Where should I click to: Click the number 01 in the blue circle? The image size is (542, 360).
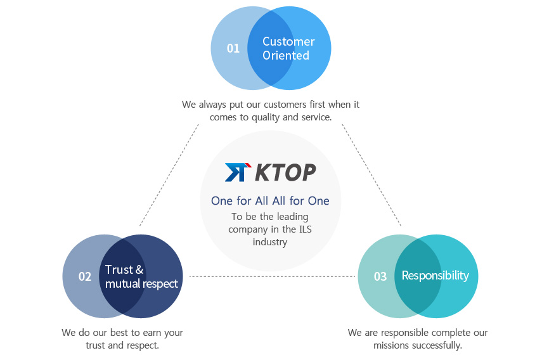pyautogui.click(x=233, y=48)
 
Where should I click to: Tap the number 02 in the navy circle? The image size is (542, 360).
pyautogui.click(x=85, y=276)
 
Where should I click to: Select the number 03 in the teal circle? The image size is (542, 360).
pyautogui.click(x=380, y=276)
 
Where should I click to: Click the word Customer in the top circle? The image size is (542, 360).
pyautogui.click(x=288, y=41)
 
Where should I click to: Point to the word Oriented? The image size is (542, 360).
pyautogui.click(x=286, y=55)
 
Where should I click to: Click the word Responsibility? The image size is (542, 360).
pyautogui.click(x=436, y=276)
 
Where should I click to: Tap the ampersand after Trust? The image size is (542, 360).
pyautogui.click(x=139, y=269)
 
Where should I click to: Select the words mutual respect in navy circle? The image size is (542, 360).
pyautogui.click(x=141, y=284)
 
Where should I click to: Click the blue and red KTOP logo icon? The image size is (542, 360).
pyautogui.click(x=238, y=172)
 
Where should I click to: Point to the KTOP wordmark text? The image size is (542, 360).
pyautogui.click(x=285, y=172)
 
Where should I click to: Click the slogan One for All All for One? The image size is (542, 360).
pyautogui.click(x=270, y=201)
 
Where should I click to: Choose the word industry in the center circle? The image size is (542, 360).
pyautogui.click(x=269, y=242)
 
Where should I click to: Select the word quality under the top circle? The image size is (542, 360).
pyautogui.click(x=266, y=118)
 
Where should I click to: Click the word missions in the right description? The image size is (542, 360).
pyautogui.click(x=390, y=345)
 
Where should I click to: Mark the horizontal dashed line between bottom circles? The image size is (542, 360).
pyautogui.click(x=273, y=276)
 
